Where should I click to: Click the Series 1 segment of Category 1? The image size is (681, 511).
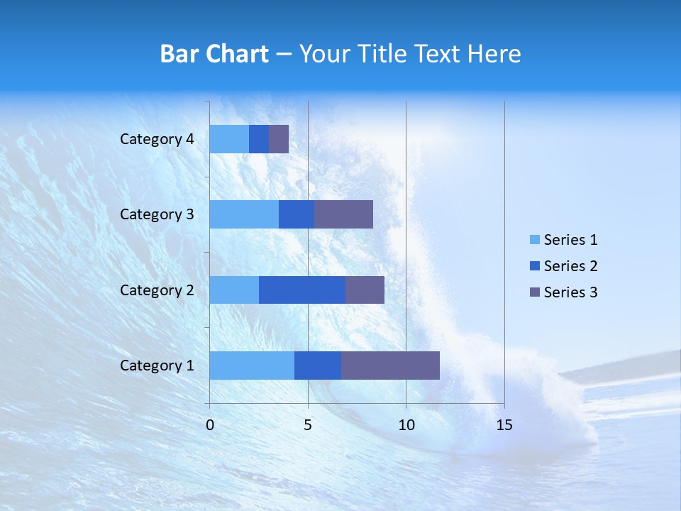(252, 366)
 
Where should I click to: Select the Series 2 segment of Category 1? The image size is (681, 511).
(318, 366)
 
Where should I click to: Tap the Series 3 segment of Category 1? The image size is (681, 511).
(390, 366)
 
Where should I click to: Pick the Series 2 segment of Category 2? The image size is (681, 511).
(302, 290)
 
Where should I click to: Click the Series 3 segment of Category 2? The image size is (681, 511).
(365, 290)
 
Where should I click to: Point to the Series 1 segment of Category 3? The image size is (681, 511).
(244, 214)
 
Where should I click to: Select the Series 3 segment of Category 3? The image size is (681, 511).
(343, 214)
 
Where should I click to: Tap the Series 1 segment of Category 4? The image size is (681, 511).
(229, 139)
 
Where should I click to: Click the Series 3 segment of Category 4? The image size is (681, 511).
(279, 139)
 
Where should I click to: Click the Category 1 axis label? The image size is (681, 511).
(157, 366)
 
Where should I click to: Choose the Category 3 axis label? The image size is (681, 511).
(157, 214)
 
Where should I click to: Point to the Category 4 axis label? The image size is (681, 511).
(157, 139)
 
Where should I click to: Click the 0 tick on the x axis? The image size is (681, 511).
(210, 425)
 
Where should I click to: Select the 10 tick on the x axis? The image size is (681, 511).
(406, 425)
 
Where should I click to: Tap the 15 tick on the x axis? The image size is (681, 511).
(504, 425)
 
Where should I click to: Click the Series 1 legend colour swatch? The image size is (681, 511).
(534, 240)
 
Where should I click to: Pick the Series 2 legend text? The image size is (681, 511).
(570, 266)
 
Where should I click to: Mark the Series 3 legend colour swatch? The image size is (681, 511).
(534, 292)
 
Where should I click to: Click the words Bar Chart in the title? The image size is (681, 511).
(214, 54)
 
